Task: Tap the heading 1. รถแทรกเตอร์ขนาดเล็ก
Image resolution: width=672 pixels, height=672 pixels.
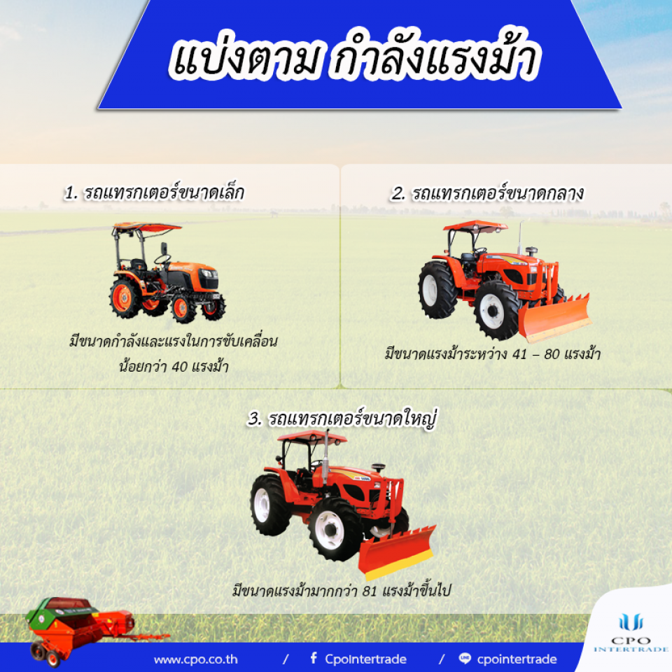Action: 154,192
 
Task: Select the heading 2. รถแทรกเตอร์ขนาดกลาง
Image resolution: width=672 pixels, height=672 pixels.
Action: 487,193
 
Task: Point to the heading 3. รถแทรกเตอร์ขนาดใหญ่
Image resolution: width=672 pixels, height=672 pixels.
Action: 342,419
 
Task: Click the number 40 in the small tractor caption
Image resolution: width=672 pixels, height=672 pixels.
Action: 180,367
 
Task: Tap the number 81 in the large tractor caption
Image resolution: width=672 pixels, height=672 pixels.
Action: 370,591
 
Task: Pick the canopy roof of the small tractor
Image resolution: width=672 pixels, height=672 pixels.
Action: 147,227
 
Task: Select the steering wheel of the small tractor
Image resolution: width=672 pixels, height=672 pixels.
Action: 162,259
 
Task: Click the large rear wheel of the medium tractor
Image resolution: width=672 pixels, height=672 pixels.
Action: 437,290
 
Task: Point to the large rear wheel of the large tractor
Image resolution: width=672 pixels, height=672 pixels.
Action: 270,505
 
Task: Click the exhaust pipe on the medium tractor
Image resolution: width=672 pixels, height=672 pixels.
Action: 520,237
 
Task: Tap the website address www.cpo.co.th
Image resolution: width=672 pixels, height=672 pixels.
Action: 196,659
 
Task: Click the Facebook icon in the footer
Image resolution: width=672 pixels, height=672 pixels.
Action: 314,658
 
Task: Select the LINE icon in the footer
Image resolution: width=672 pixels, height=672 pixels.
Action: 465,658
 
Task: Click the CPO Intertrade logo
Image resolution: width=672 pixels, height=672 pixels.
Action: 631,632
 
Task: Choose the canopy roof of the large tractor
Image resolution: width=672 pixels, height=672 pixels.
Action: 312,437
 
